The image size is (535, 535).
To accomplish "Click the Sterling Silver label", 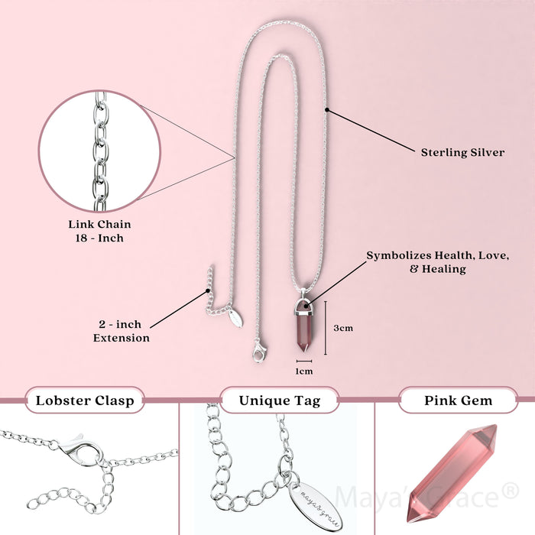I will coord(462,152).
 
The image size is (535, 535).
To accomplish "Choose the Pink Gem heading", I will coord(459,400).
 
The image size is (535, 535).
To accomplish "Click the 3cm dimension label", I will coord(344,329).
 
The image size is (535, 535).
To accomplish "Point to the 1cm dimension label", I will coord(305,371).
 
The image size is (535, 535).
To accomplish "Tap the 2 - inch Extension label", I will coord(122,331).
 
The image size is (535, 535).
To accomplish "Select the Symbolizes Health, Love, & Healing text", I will coord(437,261).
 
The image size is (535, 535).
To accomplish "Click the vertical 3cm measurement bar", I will coord(326,328).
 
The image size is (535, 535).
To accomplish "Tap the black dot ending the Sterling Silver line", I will coord(327,109).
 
